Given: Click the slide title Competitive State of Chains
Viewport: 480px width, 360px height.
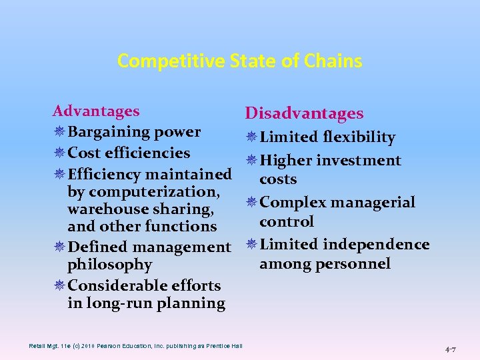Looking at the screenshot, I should (240, 61).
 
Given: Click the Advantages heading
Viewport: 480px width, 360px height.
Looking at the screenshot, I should (96, 111).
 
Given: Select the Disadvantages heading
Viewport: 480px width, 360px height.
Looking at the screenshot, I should (304, 114).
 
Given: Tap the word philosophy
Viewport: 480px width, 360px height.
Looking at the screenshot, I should (110, 265).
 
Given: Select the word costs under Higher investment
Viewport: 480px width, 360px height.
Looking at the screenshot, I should (278, 179).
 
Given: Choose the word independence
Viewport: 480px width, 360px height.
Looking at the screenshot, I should (376, 244).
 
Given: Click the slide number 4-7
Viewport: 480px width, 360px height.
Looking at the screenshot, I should (450, 349).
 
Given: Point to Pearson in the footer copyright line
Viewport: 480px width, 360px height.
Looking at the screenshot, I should (103, 345).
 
